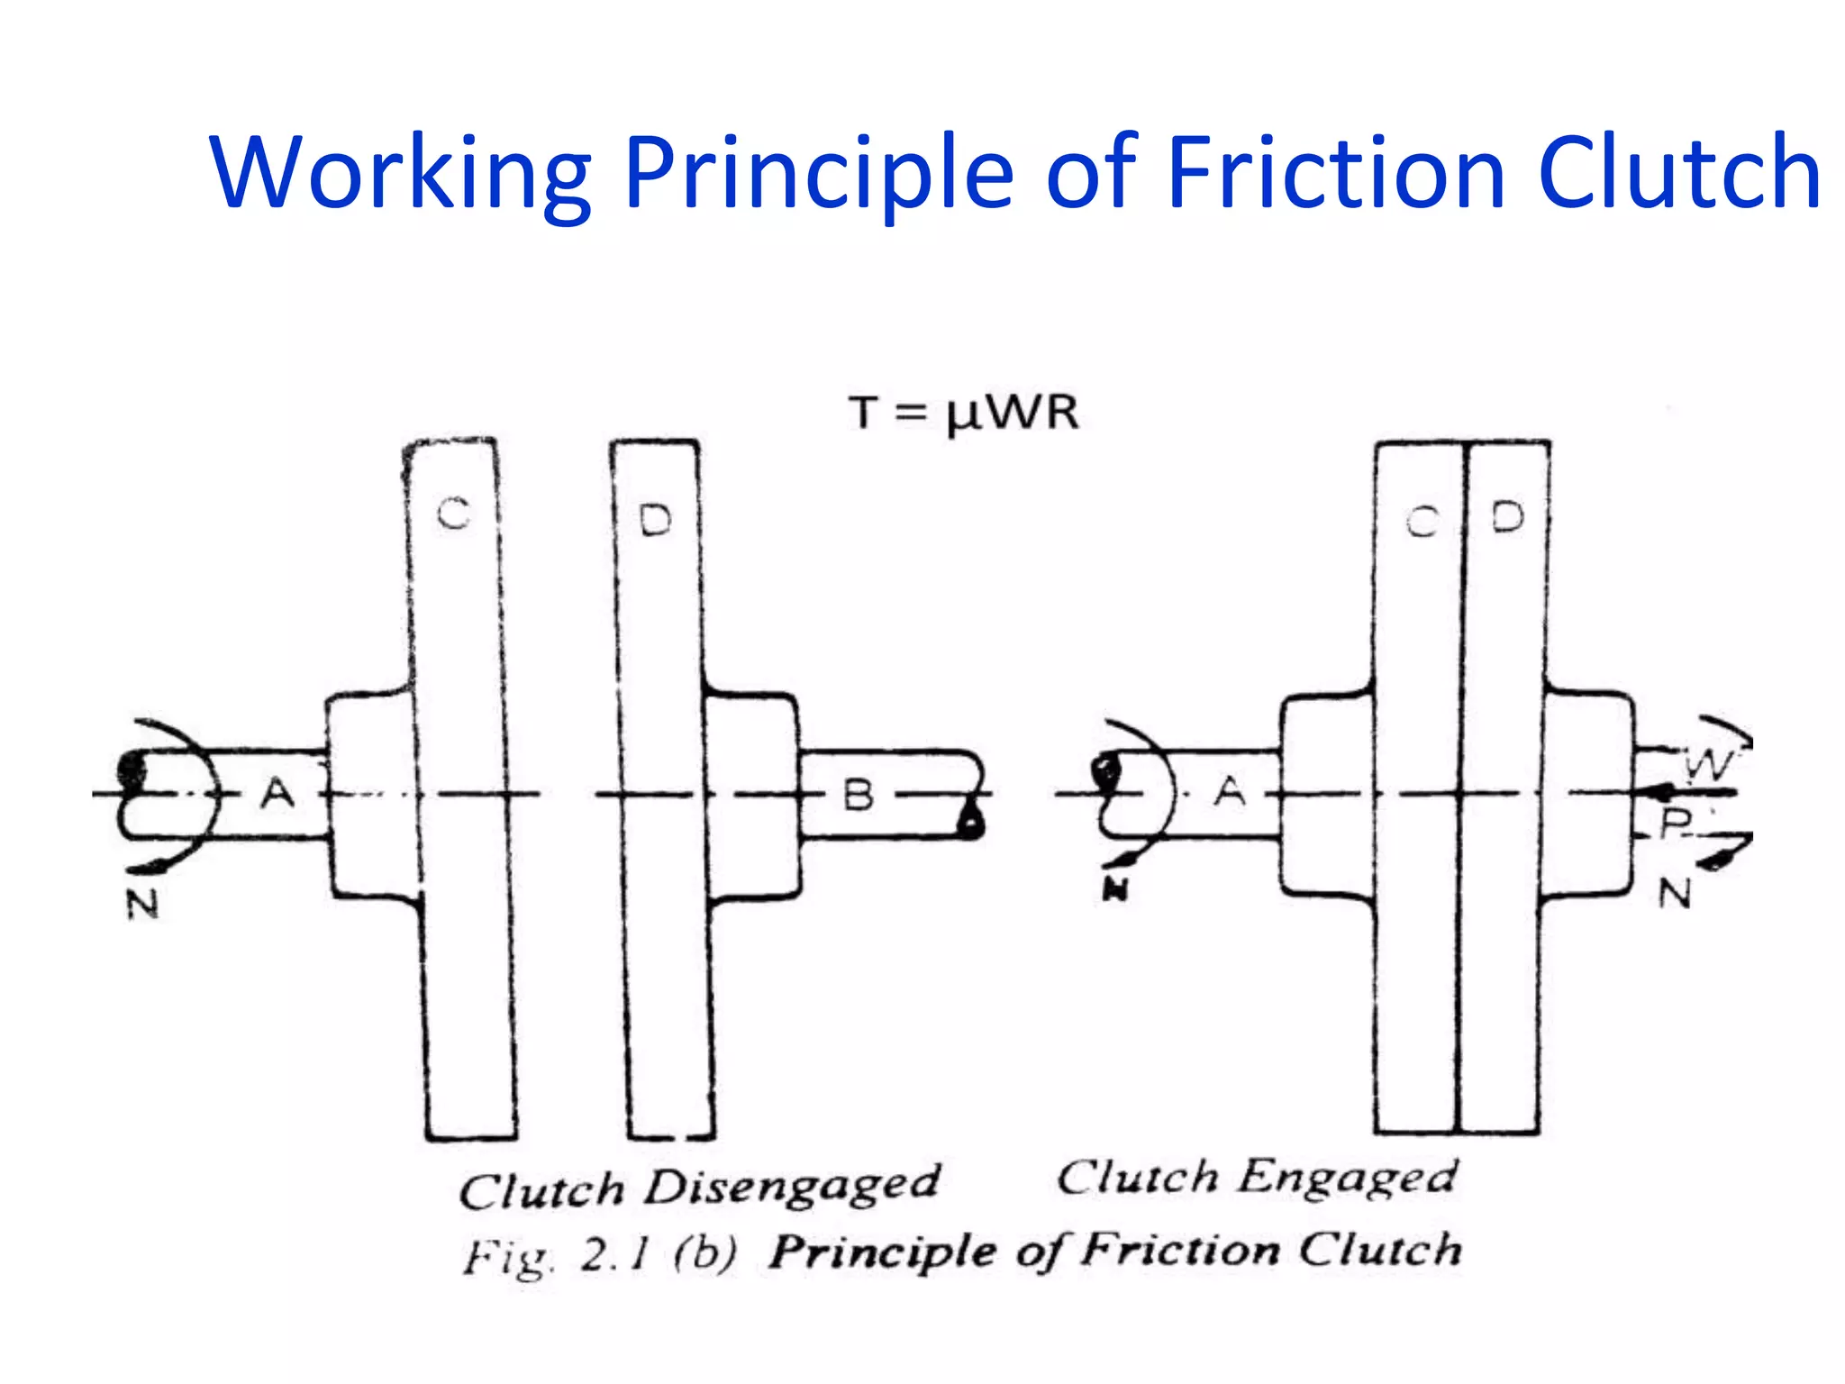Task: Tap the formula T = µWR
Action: [963, 414]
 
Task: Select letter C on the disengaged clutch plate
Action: [454, 514]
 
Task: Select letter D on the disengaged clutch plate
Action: [655, 521]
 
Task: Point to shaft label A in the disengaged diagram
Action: [277, 794]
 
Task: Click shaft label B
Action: [858, 796]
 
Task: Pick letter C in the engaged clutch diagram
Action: [1422, 522]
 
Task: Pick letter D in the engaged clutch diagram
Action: [1507, 517]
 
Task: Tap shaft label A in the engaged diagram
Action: [1231, 792]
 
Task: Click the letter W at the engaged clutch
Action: [1708, 766]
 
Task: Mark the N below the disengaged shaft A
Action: [142, 904]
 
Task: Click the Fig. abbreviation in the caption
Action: [506, 1258]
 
